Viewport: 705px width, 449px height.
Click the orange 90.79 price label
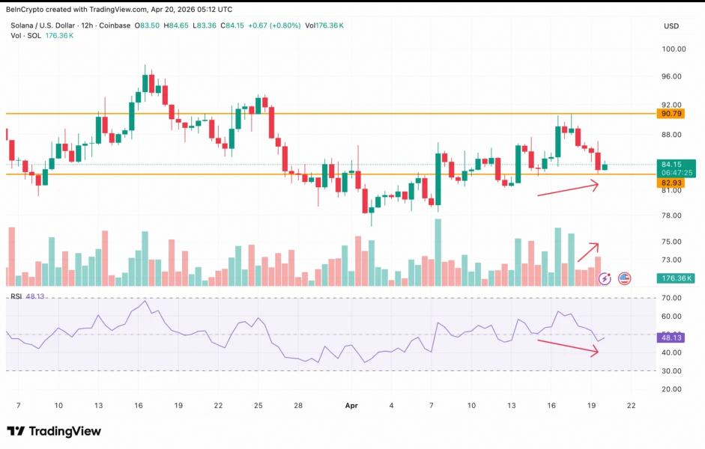(x=670, y=114)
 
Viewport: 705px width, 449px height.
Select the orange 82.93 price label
(x=670, y=182)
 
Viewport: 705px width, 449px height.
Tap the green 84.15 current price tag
(x=670, y=165)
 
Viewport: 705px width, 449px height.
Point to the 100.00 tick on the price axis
(x=674, y=49)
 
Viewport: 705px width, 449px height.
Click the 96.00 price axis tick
(x=671, y=76)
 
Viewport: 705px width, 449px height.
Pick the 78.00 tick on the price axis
(x=671, y=216)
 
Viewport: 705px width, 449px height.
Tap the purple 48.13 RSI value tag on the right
(x=670, y=337)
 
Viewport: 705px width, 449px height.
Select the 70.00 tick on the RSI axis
(x=671, y=298)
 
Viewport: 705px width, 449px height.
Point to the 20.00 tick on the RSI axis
(x=671, y=389)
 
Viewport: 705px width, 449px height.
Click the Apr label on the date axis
(x=351, y=405)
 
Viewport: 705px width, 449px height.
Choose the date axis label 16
(x=139, y=405)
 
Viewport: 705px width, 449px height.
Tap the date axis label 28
(x=297, y=405)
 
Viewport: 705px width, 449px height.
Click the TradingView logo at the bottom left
(x=54, y=431)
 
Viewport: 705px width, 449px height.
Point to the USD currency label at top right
(x=671, y=26)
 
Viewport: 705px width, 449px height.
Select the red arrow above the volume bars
(x=588, y=252)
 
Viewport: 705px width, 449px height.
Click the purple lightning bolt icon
(x=605, y=278)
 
